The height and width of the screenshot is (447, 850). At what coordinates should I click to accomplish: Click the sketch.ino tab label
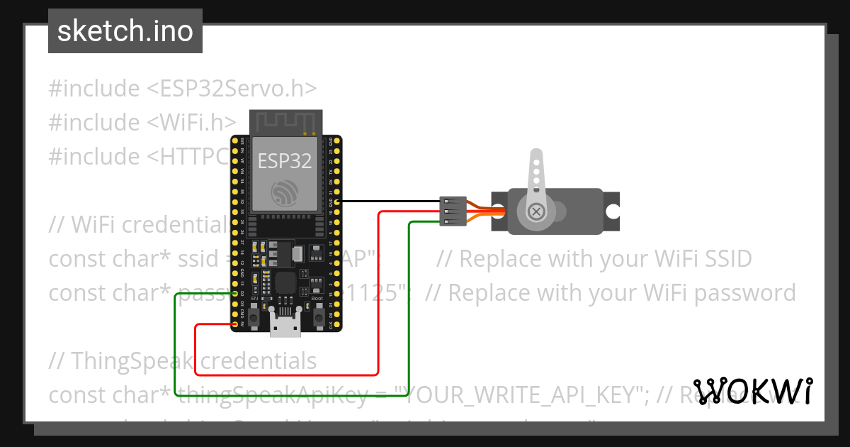coord(125,31)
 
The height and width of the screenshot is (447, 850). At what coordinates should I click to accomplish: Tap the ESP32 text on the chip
coord(284,161)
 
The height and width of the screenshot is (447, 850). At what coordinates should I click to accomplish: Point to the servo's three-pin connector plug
coord(452,211)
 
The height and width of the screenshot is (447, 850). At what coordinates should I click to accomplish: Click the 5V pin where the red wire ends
coord(235,325)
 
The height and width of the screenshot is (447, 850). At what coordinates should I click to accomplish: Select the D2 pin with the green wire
coord(235,293)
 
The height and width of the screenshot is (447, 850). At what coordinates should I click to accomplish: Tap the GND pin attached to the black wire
coord(337,202)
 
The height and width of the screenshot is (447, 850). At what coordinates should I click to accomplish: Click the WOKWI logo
coord(752,391)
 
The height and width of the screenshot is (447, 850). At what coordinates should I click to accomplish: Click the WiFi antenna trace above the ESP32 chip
coord(285,121)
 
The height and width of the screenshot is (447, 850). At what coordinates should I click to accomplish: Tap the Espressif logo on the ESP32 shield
coord(285,192)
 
